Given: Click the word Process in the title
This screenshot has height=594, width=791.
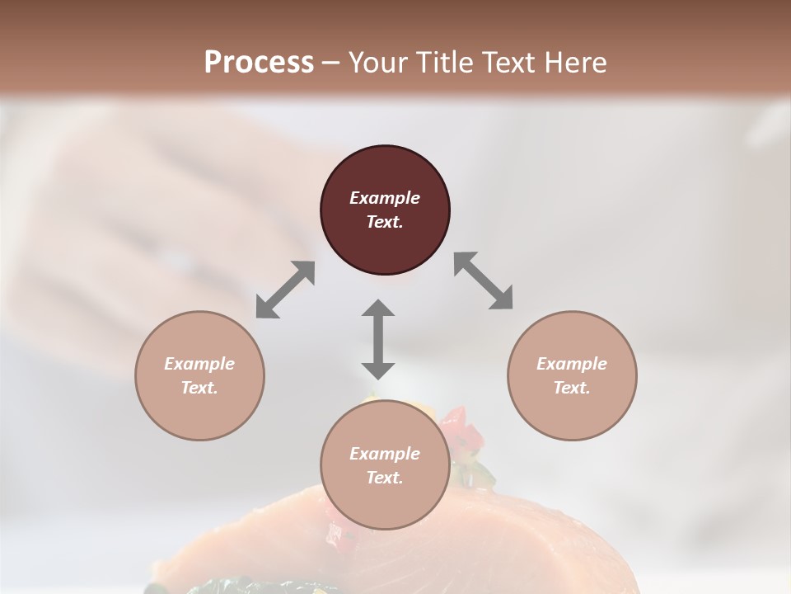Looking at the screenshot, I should pos(259,62).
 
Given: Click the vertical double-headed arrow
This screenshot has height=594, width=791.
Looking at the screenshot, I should pos(378,339).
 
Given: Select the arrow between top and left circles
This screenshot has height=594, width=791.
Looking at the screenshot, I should pos(285,290).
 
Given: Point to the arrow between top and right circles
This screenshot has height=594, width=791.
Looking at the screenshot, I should pos(483,280).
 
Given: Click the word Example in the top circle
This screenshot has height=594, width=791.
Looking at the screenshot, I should pos(385,198).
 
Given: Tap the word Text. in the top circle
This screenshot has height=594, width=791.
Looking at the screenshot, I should pos(385,222).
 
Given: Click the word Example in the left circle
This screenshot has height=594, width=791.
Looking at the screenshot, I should pos(199,364).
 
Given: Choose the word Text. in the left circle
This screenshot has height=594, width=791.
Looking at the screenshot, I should pos(199,388).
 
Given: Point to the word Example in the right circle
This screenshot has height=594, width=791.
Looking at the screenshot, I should pos(572,364).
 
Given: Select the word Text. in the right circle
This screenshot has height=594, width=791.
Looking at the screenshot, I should pos(572,388).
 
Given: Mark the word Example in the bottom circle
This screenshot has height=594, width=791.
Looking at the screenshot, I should pos(385,454).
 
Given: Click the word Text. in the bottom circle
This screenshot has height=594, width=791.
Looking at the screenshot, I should pos(385,478).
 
